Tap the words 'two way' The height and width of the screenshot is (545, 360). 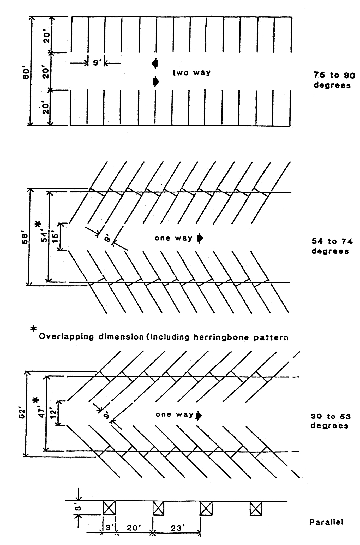coord(191,73)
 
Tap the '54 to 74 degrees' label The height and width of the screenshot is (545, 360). coord(332,246)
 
